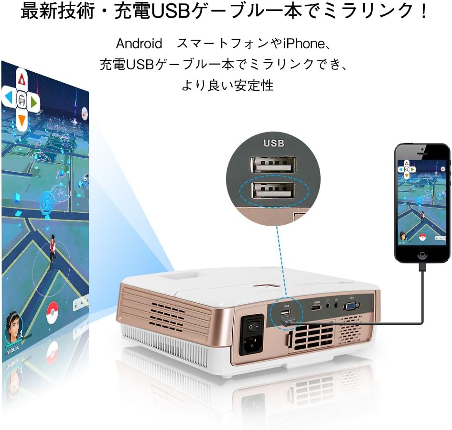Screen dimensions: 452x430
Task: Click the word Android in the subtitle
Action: click(x=139, y=44)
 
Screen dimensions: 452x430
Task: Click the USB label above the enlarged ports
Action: click(x=274, y=143)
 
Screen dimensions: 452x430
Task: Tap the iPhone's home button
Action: click(x=422, y=254)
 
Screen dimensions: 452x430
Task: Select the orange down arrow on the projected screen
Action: click(x=22, y=120)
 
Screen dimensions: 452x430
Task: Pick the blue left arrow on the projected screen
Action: click(x=8, y=98)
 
